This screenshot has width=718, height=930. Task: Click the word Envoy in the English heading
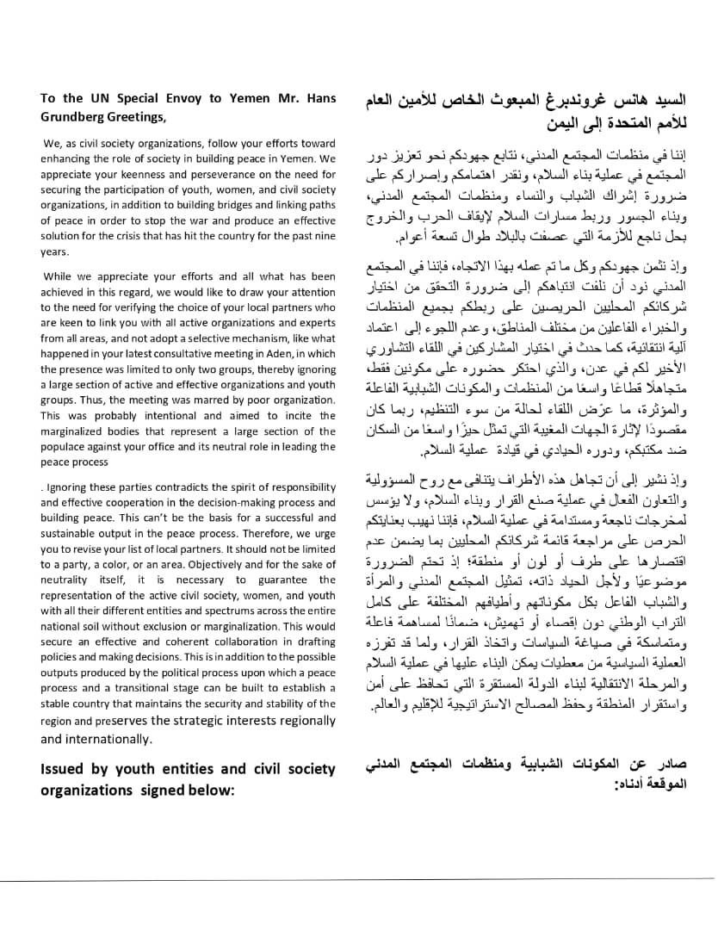click(x=205, y=98)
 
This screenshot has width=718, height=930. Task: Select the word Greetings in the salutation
click(x=134, y=117)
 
